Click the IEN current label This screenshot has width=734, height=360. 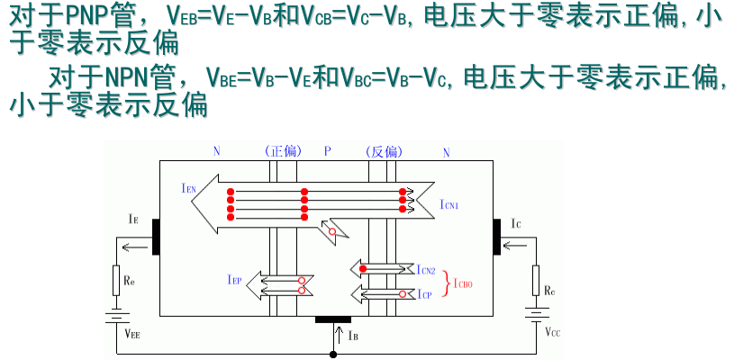(187, 187)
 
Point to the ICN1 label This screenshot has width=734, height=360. (449, 205)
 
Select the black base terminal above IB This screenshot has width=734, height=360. (333, 319)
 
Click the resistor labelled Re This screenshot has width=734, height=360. (115, 280)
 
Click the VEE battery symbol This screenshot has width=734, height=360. (115, 316)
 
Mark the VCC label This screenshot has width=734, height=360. (552, 333)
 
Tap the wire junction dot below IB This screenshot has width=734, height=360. (334, 355)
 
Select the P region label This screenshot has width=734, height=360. (329, 151)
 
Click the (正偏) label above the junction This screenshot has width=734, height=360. (283, 151)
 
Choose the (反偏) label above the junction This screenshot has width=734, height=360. (383, 151)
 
